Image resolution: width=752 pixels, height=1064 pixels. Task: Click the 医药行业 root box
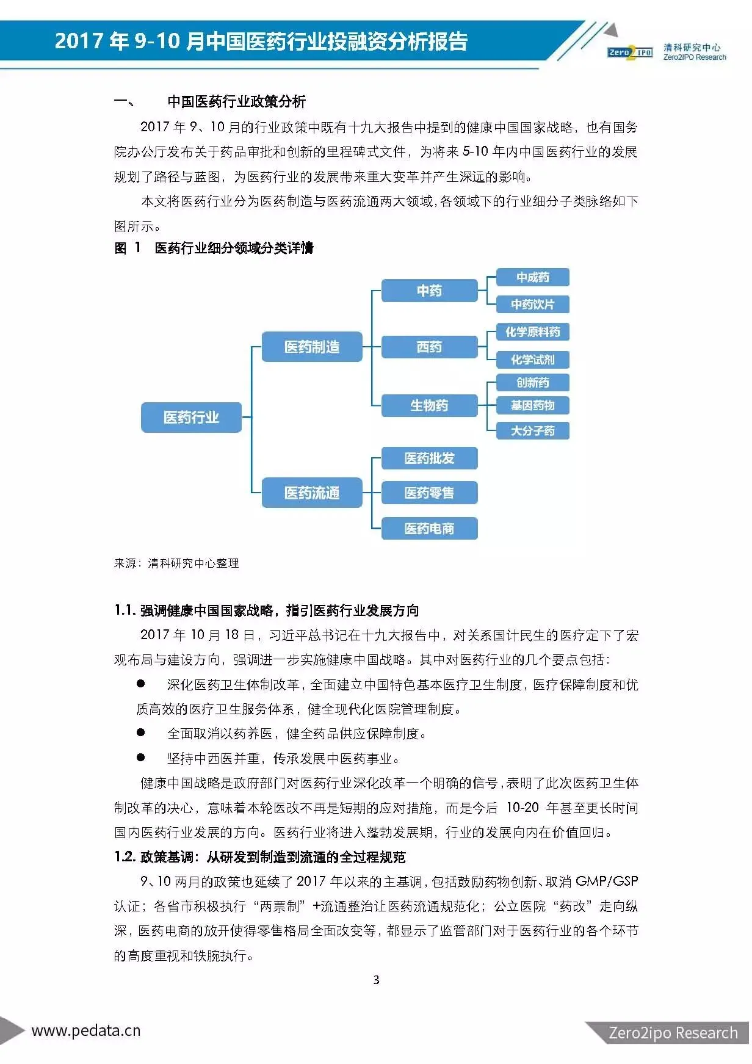(x=191, y=418)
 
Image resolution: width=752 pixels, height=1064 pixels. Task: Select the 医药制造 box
(x=312, y=347)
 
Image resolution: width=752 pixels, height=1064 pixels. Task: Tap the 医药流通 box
(x=312, y=493)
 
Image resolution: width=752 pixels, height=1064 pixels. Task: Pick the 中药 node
(x=429, y=291)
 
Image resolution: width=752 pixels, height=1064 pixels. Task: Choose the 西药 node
(x=429, y=347)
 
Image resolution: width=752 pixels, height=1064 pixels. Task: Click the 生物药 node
(x=429, y=405)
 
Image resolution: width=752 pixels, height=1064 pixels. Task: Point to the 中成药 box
(x=532, y=277)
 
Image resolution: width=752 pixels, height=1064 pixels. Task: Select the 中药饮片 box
(x=532, y=304)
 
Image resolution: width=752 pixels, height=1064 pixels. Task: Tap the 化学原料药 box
(x=532, y=332)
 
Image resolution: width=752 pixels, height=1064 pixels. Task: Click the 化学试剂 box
(x=532, y=360)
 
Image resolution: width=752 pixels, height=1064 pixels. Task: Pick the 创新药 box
(x=532, y=383)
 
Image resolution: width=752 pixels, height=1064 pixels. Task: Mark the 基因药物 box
(x=532, y=405)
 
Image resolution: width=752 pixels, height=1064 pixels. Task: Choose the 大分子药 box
(x=532, y=430)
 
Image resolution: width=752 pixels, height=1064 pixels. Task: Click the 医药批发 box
(x=429, y=458)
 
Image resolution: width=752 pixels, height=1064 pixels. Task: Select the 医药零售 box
(x=429, y=493)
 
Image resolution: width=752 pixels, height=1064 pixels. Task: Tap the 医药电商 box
(x=429, y=529)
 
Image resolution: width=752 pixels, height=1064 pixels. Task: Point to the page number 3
(x=376, y=980)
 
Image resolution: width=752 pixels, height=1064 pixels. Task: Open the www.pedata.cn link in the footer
(x=86, y=1031)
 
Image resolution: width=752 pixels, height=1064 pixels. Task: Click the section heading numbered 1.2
(x=260, y=857)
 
